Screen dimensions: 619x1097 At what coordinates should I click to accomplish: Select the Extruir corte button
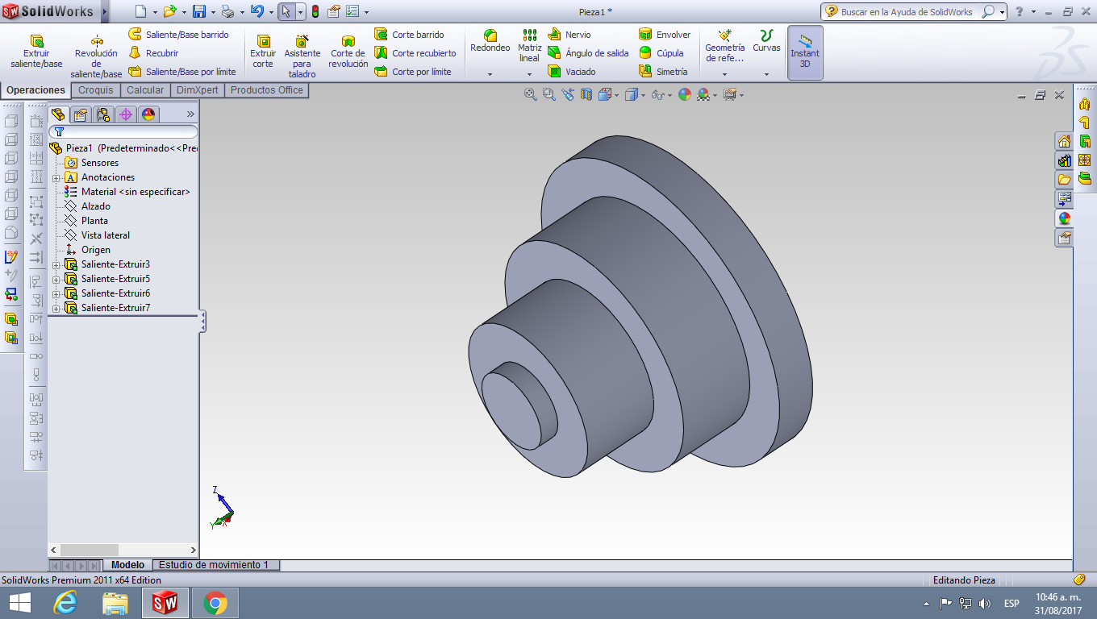[263, 51]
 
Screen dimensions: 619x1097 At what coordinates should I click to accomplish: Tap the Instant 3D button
[805, 52]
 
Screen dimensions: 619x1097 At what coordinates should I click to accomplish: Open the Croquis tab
[96, 90]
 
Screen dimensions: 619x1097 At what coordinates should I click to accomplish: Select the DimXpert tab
[197, 90]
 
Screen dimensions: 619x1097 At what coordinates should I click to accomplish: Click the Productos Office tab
[266, 90]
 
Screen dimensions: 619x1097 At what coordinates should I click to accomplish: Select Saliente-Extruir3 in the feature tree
[115, 264]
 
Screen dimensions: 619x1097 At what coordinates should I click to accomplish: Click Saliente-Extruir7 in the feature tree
[115, 308]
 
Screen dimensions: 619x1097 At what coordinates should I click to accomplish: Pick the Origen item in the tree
[96, 250]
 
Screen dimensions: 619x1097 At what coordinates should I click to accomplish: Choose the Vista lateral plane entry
[106, 235]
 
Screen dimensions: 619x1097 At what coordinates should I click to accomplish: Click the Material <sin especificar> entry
[136, 192]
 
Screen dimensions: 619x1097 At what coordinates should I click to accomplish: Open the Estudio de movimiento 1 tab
[214, 565]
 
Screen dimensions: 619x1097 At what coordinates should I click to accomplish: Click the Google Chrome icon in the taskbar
[215, 603]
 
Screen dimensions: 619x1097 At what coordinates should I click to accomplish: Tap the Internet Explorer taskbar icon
[65, 603]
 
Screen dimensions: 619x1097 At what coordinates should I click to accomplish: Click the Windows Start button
[19, 603]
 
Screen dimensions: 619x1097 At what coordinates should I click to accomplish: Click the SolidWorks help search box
[908, 12]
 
